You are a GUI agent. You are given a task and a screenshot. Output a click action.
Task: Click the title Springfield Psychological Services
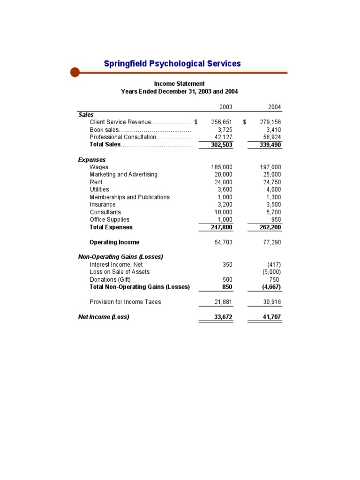coord(172,63)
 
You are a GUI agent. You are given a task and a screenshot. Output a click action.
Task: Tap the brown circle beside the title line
coord(75,72)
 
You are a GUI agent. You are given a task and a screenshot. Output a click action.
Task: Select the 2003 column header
coord(225,107)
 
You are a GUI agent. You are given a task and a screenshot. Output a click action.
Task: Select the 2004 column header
coord(274,107)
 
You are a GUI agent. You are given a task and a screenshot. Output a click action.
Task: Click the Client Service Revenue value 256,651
coord(222,122)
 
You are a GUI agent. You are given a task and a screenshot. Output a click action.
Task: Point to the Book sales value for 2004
coord(273,129)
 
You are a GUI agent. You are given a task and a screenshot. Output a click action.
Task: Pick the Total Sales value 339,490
coord(270,145)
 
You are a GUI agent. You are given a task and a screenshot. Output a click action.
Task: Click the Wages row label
coord(99,167)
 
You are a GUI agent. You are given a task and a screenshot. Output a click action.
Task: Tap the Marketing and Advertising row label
coord(124,174)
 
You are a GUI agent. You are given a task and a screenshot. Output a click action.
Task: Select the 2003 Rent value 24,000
coord(223,182)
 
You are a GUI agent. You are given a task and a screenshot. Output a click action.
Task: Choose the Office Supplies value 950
coord(276,219)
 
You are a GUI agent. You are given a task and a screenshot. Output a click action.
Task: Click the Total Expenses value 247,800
coord(221,227)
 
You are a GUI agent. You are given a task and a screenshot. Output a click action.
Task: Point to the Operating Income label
coord(114,242)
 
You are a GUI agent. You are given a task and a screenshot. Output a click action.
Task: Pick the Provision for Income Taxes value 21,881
coord(223,302)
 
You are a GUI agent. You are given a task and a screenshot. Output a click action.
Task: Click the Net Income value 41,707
coord(271,317)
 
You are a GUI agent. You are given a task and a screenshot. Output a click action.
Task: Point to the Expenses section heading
coord(92,159)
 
